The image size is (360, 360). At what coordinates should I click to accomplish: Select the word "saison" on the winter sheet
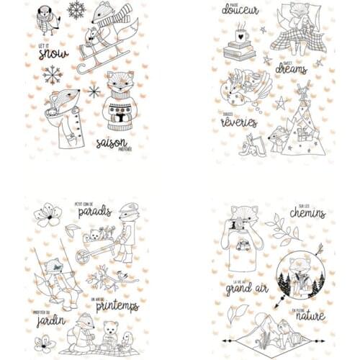(x=110, y=143)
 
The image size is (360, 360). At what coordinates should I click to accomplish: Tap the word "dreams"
(x=291, y=68)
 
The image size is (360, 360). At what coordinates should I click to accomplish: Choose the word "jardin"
(x=51, y=319)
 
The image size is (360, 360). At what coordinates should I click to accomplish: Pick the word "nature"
(x=308, y=315)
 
